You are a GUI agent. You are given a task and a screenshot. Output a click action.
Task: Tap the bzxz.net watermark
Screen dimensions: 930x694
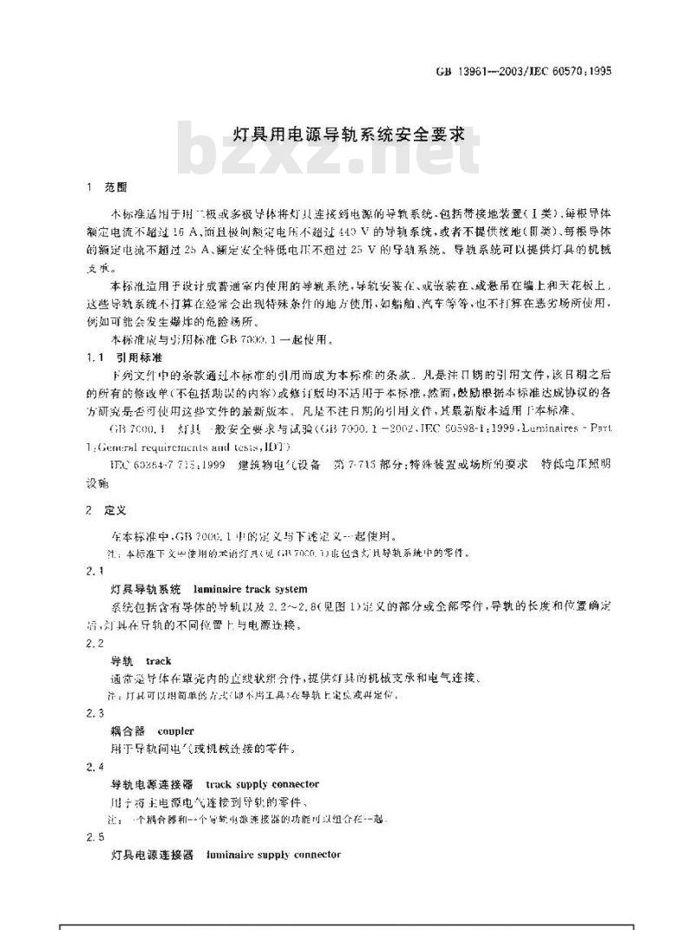(330, 157)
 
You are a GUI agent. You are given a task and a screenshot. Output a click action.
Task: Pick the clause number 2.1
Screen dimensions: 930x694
(96, 570)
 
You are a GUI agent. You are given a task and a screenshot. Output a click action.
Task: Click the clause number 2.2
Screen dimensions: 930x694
(96, 644)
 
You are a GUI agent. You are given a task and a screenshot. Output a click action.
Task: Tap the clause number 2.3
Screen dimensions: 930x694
(96, 713)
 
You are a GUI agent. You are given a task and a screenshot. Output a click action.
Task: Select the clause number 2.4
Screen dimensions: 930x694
(96, 767)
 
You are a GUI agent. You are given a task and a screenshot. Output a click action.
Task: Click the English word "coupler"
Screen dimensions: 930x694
(176, 730)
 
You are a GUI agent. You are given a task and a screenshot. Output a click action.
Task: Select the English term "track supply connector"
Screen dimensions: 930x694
(263, 783)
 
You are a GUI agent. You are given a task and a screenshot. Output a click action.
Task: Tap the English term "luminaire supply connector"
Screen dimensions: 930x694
(273, 855)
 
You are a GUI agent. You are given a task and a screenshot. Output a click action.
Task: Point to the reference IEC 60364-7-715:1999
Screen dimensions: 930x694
(155, 465)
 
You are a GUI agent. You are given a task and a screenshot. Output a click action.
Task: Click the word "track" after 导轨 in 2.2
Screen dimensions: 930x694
(159, 660)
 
